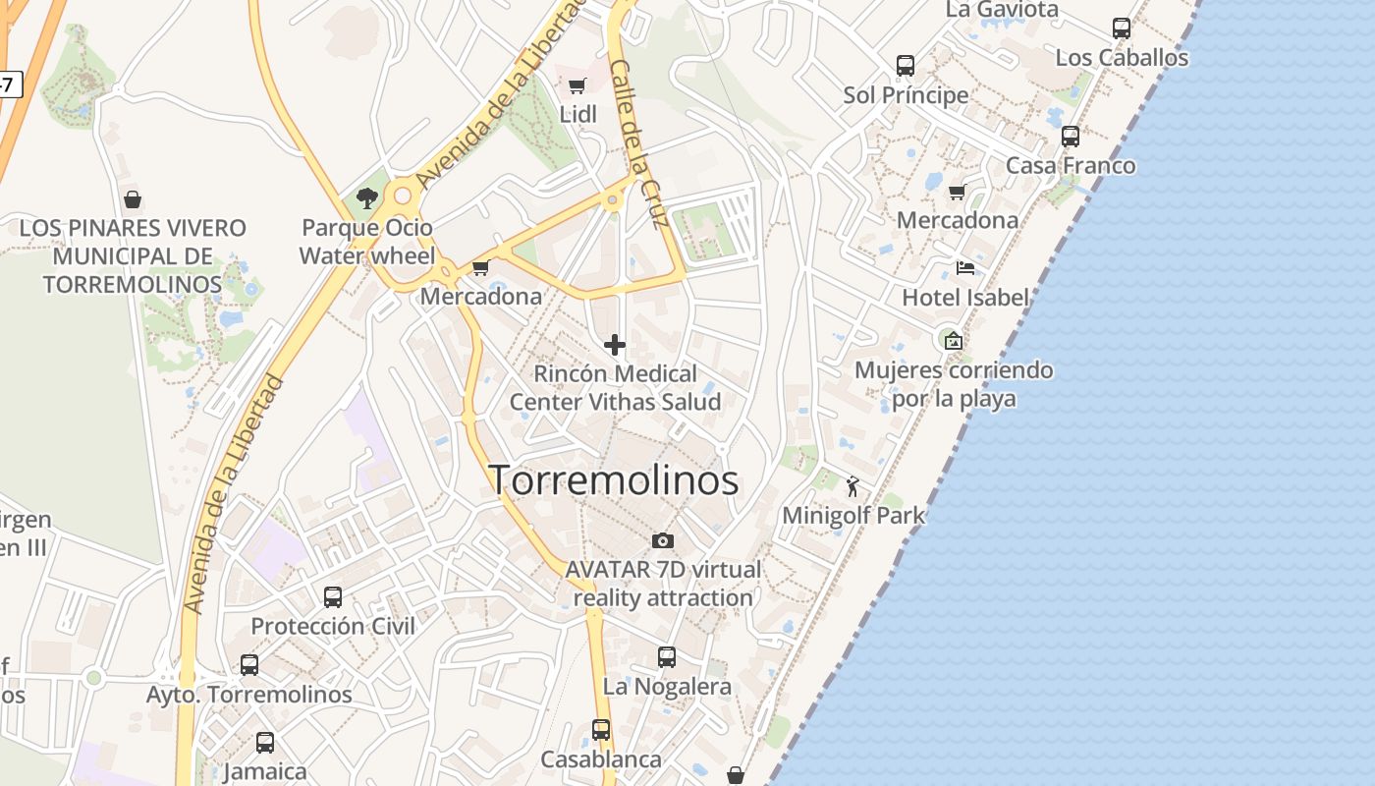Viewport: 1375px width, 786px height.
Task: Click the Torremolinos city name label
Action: [x=614, y=480]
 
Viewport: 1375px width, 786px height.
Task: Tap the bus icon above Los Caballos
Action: [x=1121, y=28]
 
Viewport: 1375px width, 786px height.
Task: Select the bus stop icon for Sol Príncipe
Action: [x=906, y=66]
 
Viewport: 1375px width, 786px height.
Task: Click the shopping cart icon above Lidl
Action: [x=577, y=86]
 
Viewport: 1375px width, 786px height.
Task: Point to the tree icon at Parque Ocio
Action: [x=367, y=198]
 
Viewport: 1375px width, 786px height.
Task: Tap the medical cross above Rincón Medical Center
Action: [x=615, y=345]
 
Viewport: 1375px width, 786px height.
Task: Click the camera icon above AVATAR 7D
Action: [x=663, y=540]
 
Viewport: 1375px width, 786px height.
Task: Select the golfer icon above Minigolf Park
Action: [x=852, y=485]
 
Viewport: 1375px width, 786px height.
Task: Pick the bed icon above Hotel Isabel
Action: [x=965, y=267]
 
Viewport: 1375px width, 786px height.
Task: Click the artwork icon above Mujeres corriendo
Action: [x=953, y=341]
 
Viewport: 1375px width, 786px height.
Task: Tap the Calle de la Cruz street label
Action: [x=639, y=143]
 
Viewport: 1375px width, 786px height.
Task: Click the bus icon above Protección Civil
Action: [x=333, y=596]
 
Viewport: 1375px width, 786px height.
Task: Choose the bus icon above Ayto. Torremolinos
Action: [x=249, y=665]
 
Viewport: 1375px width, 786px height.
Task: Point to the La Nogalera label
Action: [x=667, y=687]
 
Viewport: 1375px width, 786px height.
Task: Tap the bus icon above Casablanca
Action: [x=601, y=730]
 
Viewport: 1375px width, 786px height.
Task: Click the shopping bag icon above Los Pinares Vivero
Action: [x=133, y=199]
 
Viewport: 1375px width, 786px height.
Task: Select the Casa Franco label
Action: [x=1071, y=165]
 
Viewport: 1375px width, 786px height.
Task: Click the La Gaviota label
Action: [x=1002, y=10]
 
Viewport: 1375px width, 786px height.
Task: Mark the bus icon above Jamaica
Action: [x=265, y=743]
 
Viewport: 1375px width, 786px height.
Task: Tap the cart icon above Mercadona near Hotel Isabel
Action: [x=958, y=192]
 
